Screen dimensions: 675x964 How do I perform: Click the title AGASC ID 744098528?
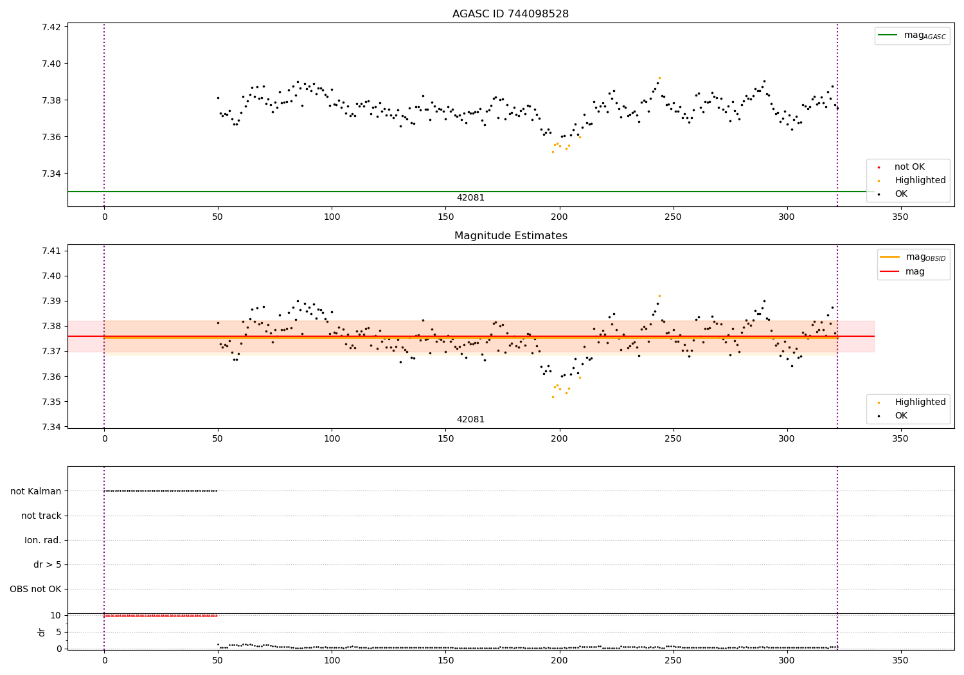510,14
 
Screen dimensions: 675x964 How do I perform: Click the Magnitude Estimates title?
510,236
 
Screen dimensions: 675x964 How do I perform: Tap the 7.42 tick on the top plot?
51,27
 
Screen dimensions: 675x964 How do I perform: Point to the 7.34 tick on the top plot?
51,174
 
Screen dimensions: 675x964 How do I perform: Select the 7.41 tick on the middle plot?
51,251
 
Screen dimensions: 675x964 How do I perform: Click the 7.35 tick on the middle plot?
51,402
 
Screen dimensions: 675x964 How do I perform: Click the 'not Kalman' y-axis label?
36,491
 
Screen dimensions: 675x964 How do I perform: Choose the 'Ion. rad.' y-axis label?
43,540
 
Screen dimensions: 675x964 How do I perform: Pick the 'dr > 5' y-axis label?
48,564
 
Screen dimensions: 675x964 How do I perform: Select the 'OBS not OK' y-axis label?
35,589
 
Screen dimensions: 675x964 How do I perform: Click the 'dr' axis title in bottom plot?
42,632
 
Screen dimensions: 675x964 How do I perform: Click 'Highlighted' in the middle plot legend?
920,402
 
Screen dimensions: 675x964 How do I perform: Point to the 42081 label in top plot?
470,198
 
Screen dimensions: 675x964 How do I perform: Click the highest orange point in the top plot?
659,78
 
